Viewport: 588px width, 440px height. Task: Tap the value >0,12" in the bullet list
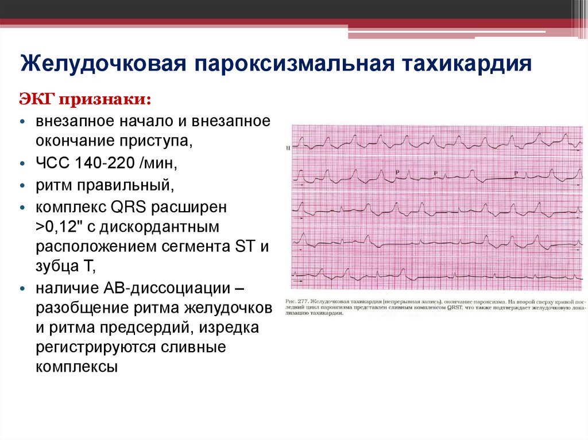click(x=60, y=226)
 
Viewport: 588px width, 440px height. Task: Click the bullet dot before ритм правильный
click(x=22, y=185)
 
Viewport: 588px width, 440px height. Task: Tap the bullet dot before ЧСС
click(x=22, y=163)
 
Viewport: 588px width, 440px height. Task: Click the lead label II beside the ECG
click(x=287, y=148)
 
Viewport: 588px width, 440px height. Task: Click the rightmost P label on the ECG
click(x=516, y=173)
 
